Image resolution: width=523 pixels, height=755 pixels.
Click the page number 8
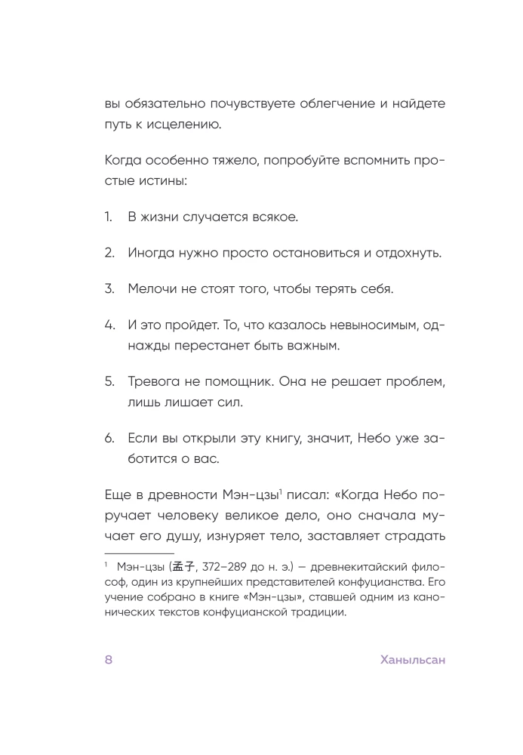[x=109, y=660]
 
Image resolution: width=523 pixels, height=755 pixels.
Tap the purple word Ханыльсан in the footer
[x=413, y=660]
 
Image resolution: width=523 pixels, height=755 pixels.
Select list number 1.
[x=109, y=217]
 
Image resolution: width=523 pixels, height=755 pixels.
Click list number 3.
[x=109, y=289]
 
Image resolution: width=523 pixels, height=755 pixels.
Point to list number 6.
[x=109, y=436]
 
